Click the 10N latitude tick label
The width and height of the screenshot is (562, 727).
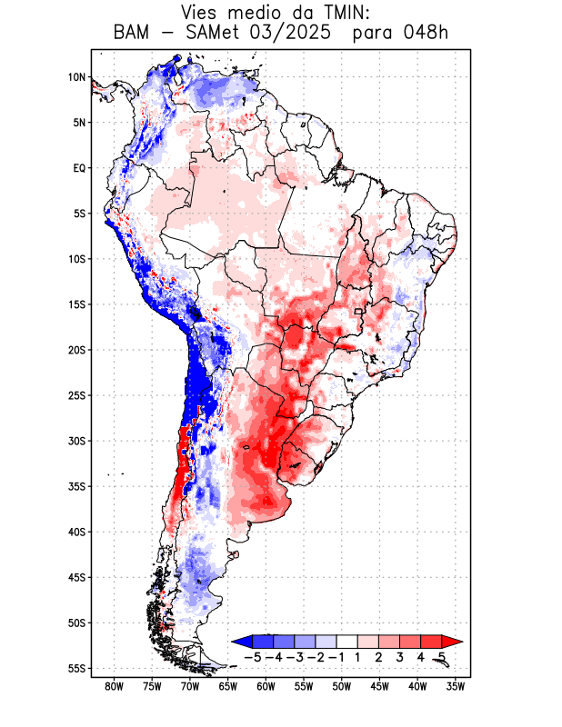[76, 77]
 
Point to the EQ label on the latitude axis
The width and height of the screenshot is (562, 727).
[78, 168]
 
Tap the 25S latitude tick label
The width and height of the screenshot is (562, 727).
[75, 395]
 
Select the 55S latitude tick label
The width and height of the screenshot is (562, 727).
[75, 669]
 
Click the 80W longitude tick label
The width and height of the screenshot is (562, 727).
[114, 687]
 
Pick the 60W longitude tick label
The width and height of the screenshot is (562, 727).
[266, 687]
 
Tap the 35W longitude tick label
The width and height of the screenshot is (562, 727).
[456, 687]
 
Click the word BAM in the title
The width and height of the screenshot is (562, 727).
[135, 34]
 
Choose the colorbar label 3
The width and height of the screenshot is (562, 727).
[401, 656]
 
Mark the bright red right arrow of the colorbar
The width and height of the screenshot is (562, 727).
[453, 641]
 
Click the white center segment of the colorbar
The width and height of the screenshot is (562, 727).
[346, 641]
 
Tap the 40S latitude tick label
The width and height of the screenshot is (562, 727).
[75, 533]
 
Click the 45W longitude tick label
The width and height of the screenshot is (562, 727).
[379, 687]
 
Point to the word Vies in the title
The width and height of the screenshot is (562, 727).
[201, 13]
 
